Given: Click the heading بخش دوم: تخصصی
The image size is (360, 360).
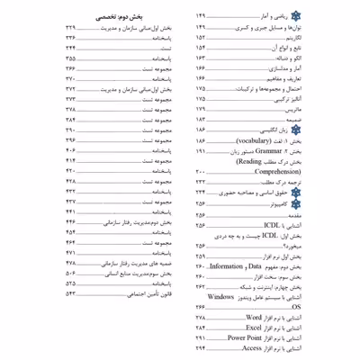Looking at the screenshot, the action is coord(120,17).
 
